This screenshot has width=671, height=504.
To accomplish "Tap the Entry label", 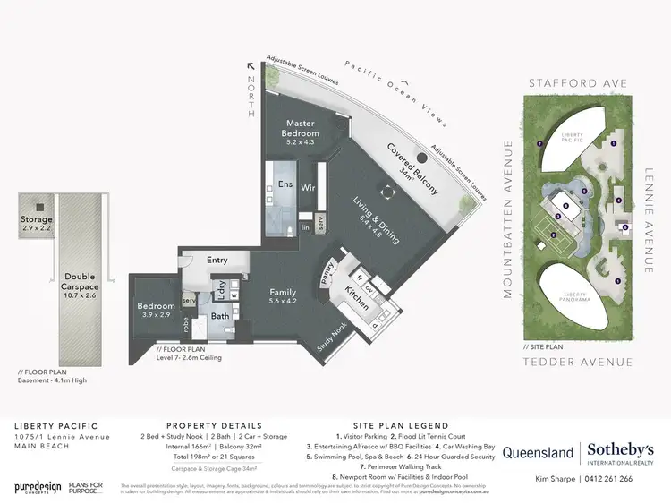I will pyautogui.click(x=217, y=260).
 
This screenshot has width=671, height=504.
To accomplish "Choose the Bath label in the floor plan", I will pyautogui.click(x=219, y=315).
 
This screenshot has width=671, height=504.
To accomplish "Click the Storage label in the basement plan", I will pyautogui.click(x=38, y=219).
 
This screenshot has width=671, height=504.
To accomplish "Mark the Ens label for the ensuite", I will pyautogui.click(x=285, y=184).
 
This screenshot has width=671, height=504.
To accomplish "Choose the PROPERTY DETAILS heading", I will pyautogui.click(x=215, y=426).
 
